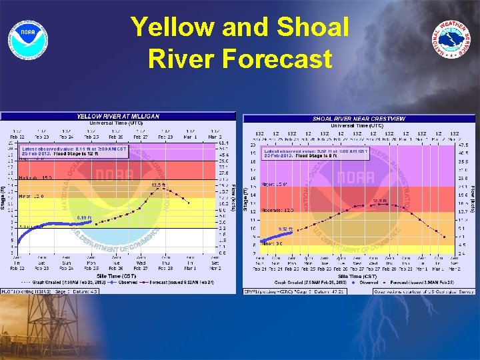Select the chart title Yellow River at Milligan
pos(119,116)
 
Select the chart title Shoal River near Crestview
pos(359,119)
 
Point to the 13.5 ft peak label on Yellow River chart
pos(159,185)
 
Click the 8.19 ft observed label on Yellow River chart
pos(85,217)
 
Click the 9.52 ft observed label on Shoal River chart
pos(285,229)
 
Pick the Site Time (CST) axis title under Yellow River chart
pos(118,275)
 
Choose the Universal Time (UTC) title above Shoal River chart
pos(358,125)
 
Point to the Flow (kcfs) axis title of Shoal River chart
pos(473,197)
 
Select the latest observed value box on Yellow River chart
pos(60,151)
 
